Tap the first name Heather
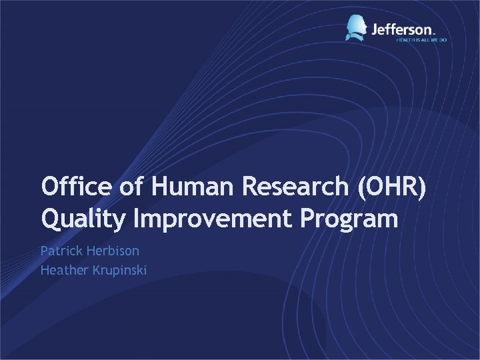coord(61,270)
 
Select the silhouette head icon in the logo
coord(357,27)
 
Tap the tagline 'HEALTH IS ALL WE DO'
coord(421,40)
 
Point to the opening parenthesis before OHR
coord(362,187)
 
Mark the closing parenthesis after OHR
coord(422,187)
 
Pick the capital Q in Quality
coord(49,219)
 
